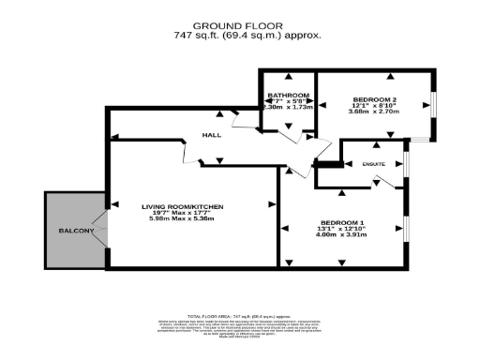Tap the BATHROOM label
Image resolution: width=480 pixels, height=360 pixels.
pos(289,96)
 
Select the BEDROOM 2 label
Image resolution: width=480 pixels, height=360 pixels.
pos(374,98)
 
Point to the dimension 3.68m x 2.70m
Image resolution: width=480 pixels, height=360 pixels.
pos(374,112)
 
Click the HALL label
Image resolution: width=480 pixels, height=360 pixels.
pos(211,136)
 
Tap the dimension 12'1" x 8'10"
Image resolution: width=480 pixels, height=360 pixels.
pos(374,105)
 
